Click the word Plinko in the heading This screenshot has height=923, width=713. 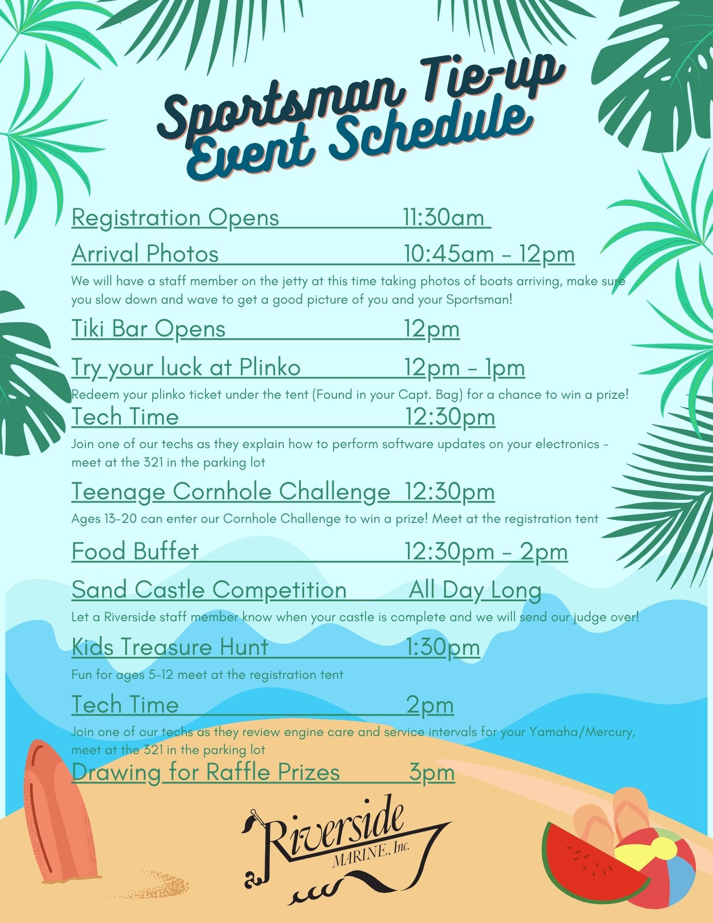[270, 367]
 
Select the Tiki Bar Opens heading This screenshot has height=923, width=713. [149, 329]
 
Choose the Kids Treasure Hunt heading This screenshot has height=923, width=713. [170, 647]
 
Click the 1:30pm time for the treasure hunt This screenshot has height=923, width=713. [443, 647]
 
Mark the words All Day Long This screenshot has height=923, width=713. [475, 590]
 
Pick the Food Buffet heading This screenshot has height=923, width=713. [135, 551]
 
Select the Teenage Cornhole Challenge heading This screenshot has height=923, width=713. [231, 491]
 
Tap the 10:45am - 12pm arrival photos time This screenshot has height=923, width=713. [490, 254]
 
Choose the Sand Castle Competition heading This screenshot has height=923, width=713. [209, 590]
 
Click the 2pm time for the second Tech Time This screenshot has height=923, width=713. [430, 705]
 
